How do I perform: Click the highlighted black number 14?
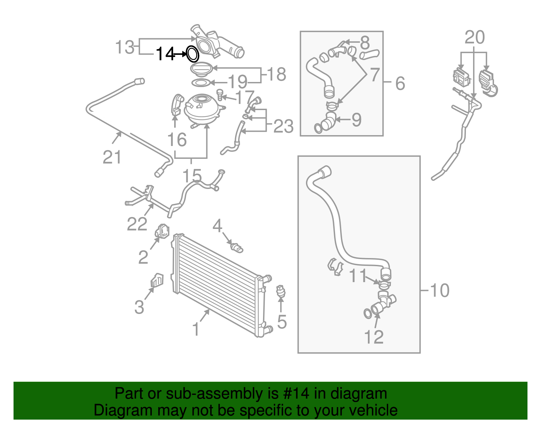point(165,54)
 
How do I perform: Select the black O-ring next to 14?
point(192,54)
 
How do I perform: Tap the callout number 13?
point(125,47)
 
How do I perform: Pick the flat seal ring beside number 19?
point(201,82)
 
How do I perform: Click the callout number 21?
point(112,157)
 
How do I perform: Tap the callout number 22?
point(137,224)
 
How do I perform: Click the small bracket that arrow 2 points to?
point(162,231)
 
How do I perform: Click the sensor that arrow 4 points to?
point(236,248)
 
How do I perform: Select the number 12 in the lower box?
point(374,337)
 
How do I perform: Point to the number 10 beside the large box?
point(439,291)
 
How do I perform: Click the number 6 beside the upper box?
point(400,83)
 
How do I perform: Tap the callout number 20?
point(474,38)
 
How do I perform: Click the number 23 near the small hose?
point(283,127)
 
